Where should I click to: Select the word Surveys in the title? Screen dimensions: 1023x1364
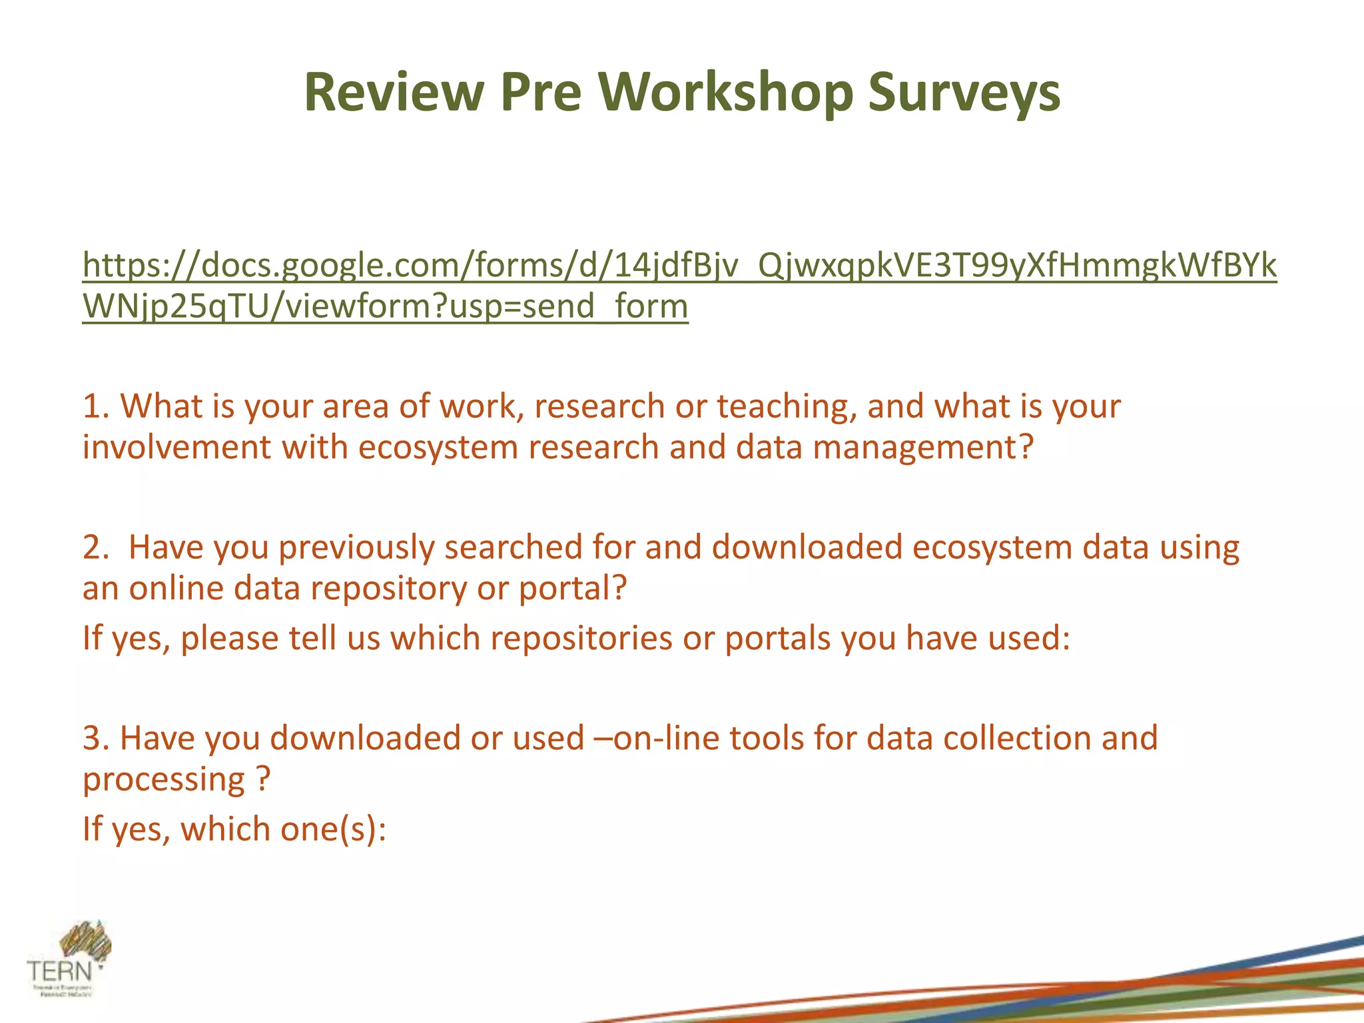pyautogui.click(x=964, y=92)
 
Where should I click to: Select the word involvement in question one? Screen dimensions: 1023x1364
pyautogui.click(x=176, y=447)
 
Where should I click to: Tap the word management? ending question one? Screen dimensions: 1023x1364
pyautogui.click(x=923, y=447)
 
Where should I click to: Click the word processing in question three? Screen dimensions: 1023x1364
pyautogui.click(x=164, y=780)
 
